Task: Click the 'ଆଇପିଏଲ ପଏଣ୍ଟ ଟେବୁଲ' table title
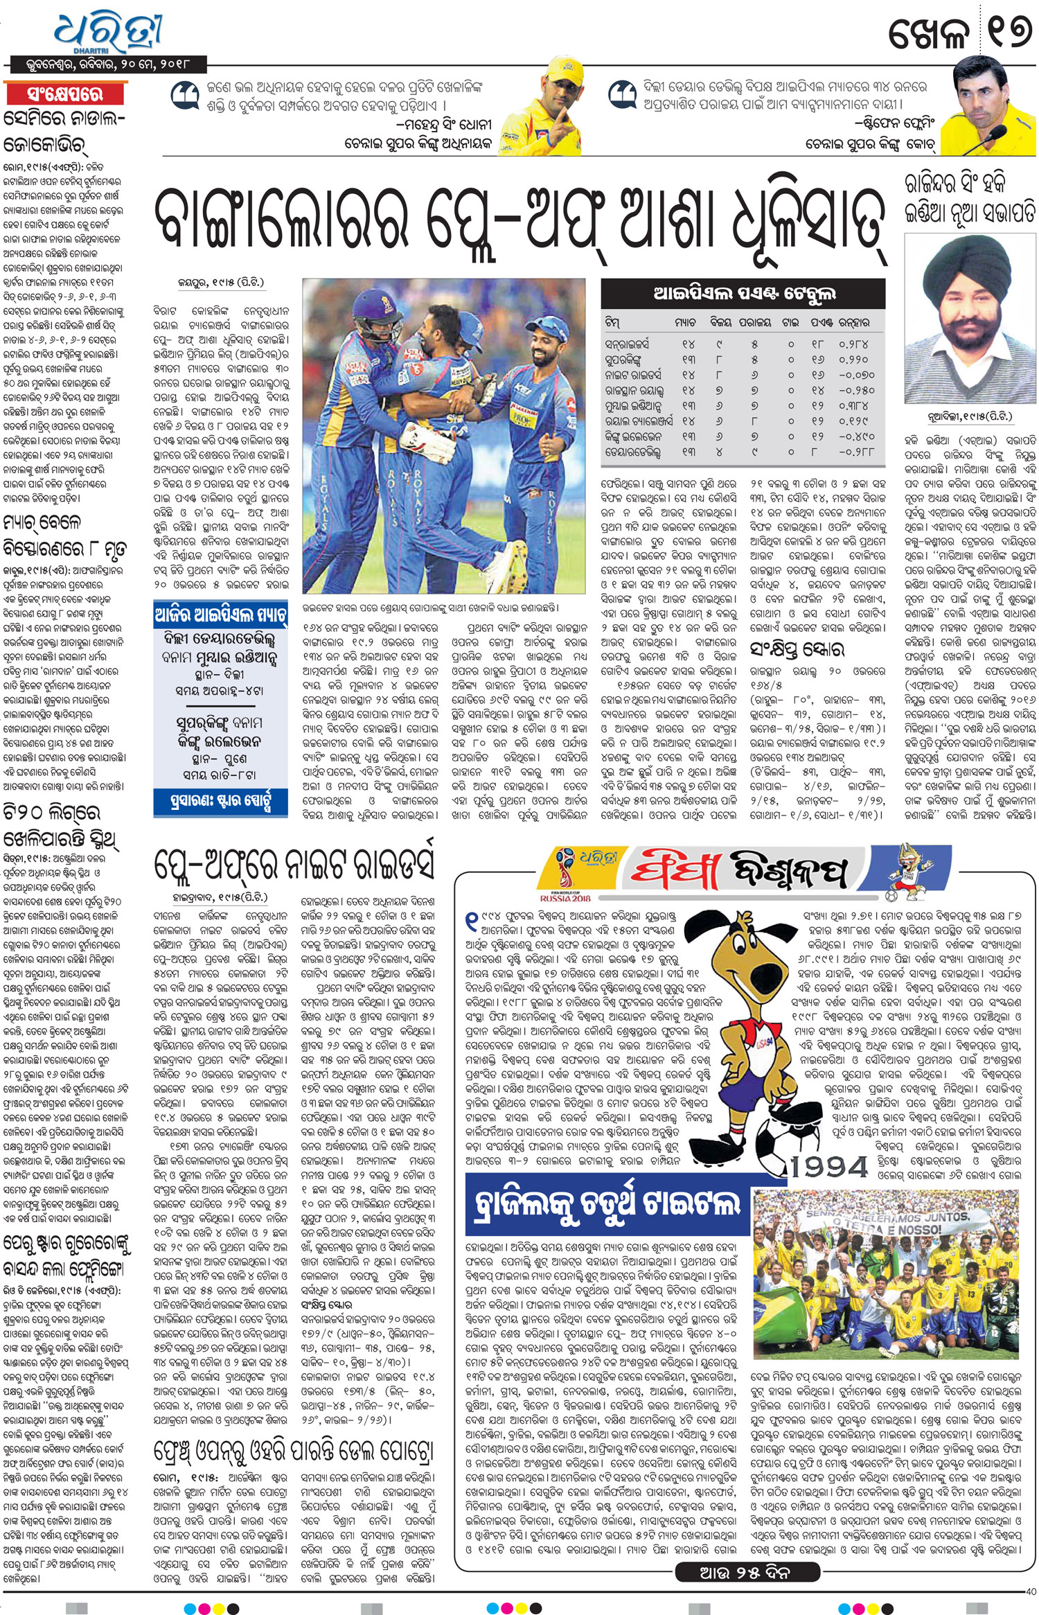pyautogui.click(x=744, y=294)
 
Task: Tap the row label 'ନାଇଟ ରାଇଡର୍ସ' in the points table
pyautogui.click(x=633, y=375)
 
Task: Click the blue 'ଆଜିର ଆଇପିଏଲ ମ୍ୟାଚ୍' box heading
pyautogui.click(x=221, y=616)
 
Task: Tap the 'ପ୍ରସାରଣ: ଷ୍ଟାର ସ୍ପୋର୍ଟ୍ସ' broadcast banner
pyautogui.click(x=221, y=802)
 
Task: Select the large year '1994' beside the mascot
pyautogui.click(x=829, y=1167)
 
